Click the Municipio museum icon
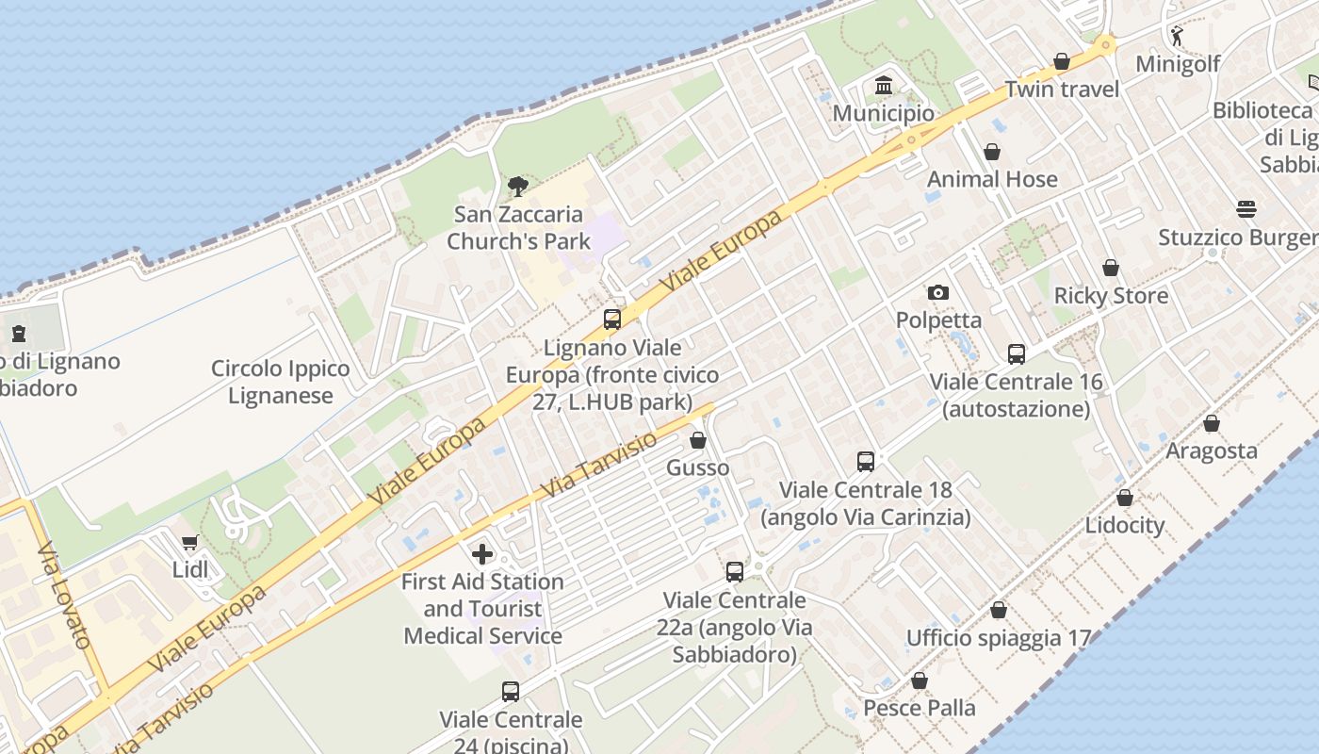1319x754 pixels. [x=884, y=86]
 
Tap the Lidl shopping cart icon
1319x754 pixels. [x=190, y=542]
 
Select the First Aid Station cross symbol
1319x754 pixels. [x=482, y=553]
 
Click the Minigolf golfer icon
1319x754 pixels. [x=1177, y=36]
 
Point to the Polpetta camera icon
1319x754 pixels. [x=938, y=293]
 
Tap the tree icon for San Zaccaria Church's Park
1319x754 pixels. [x=517, y=186]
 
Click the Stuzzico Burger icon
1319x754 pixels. [x=1246, y=209]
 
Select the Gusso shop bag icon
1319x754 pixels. [x=698, y=440]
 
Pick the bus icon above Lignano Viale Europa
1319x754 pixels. [x=612, y=320]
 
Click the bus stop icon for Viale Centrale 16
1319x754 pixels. [x=1016, y=354]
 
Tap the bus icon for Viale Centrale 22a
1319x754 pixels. [x=735, y=572]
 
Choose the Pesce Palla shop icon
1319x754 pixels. [x=920, y=680]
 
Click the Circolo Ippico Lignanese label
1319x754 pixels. [x=280, y=382]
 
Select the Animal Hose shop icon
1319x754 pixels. [x=992, y=152]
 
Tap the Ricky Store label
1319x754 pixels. [x=1110, y=296]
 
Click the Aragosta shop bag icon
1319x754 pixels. [x=1212, y=423]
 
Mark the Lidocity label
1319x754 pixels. [x=1125, y=525]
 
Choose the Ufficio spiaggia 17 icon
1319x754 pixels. [x=999, y=611]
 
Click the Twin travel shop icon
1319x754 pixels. [x=1062, y=62]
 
